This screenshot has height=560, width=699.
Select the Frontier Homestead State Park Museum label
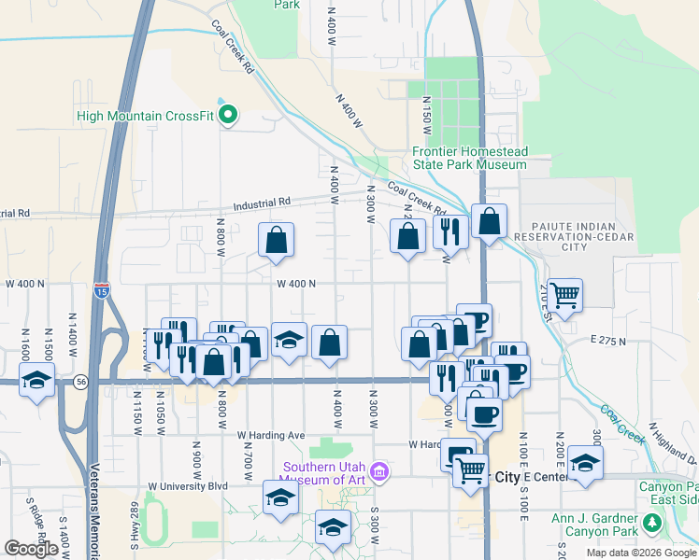point(470,158)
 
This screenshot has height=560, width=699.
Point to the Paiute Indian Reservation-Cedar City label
point(559,236)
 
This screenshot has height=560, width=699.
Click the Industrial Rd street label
point(263,202)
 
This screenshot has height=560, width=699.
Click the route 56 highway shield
point(81,382)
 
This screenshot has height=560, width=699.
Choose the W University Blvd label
point(188,486)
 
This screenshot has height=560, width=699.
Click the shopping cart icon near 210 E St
point(565,296)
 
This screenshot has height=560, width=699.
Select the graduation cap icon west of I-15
point(36,381)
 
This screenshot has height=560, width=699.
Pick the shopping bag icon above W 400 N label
point(277,241)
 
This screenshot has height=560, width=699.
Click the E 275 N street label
point(607,342)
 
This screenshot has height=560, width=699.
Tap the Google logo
point(31,549)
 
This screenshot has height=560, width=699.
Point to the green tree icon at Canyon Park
point(655,525)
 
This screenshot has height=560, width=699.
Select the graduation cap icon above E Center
point(585,464)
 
